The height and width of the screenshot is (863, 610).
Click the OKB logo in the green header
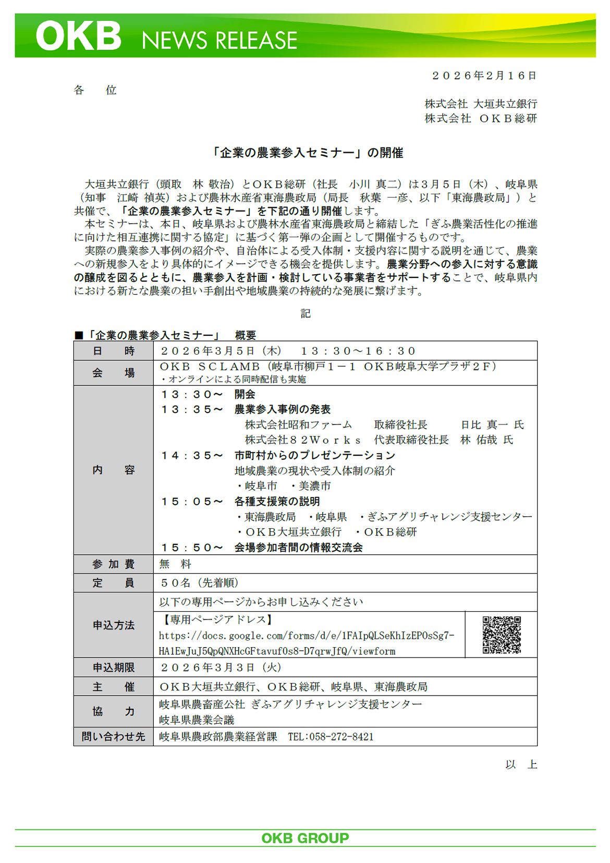tap(78, 37)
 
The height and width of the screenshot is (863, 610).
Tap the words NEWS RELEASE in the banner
tap(219, 40)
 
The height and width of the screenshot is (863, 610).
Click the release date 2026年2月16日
tap(484, 76)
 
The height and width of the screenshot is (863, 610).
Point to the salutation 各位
tap(95, 90)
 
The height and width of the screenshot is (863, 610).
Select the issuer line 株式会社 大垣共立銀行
tap(480, 104)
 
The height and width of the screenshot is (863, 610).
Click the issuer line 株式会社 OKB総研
tap(480, 118)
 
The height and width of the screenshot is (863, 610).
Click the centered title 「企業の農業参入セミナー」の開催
tap(307, 153)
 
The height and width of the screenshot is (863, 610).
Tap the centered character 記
tap(306, 313)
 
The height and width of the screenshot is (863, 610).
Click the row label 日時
tap(114, 351)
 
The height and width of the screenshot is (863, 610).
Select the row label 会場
tap(114, 373)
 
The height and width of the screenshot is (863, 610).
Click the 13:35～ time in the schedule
tap(192, 410)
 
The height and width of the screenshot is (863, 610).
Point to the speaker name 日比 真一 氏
tap(492, 425)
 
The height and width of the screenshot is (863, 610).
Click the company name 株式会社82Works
tap(303, 440)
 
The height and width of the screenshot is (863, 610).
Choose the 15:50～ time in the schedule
tap(192, 548)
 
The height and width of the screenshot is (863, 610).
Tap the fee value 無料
tap(176, 564)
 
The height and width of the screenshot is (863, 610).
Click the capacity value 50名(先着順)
tap(199, 583)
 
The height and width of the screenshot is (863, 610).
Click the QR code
tap(502, 635)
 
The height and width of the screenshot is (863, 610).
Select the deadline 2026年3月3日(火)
tap(221, 667)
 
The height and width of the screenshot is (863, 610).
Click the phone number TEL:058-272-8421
tap(331, 737)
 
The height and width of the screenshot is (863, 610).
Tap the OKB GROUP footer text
tap(305, 838)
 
